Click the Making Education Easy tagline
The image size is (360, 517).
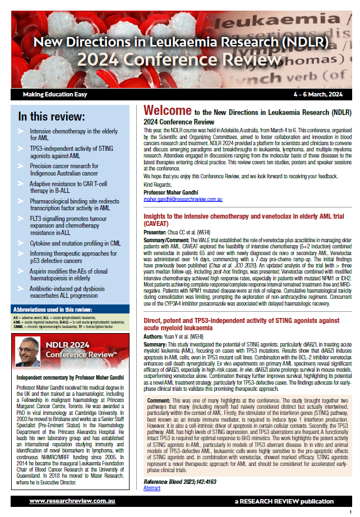pos(55,94)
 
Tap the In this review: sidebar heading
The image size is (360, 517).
pos(52,117)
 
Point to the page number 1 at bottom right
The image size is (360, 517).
pos(350,512)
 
